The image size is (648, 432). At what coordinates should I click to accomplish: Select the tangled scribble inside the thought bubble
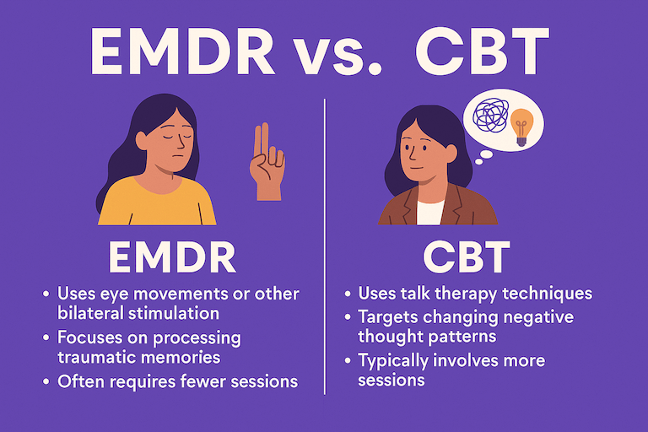[492, 119]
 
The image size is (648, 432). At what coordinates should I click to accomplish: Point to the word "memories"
[189, 358]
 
